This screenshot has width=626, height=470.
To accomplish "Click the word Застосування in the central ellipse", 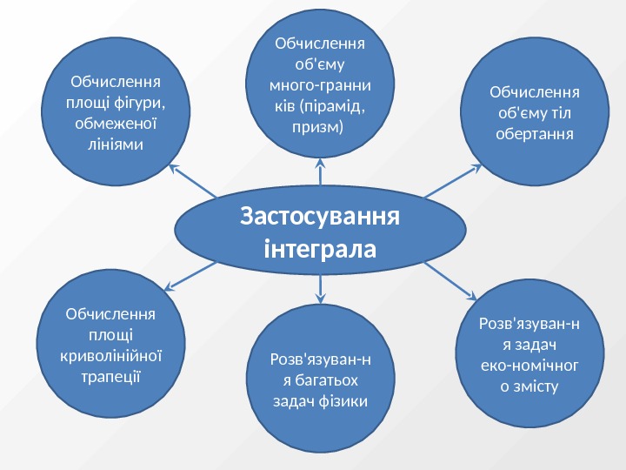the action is click(320, 215).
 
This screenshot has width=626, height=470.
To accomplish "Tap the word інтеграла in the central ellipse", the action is click(320, 250).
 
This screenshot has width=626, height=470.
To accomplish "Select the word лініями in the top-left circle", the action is click(117, 143).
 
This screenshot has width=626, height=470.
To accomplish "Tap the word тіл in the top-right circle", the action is click(566, 112).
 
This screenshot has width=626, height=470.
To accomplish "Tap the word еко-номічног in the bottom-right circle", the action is click(530, 364).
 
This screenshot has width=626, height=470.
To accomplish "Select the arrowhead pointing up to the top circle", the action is click(320, 161).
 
